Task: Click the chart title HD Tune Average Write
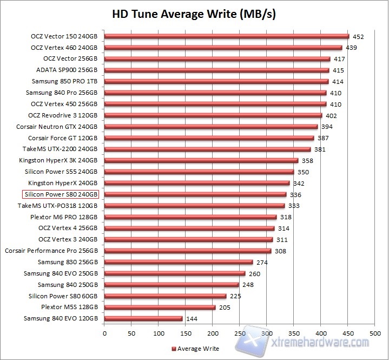coord(194,13)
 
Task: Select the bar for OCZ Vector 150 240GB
coord(226,36)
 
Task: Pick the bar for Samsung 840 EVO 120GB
coord(143,319)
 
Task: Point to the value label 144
coord(191,319)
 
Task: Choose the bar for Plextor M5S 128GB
coord(160,307)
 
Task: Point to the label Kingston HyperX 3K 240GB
coord(58,160)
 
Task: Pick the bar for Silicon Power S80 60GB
coord(165,296)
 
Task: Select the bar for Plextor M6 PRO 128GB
coord(190,217)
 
